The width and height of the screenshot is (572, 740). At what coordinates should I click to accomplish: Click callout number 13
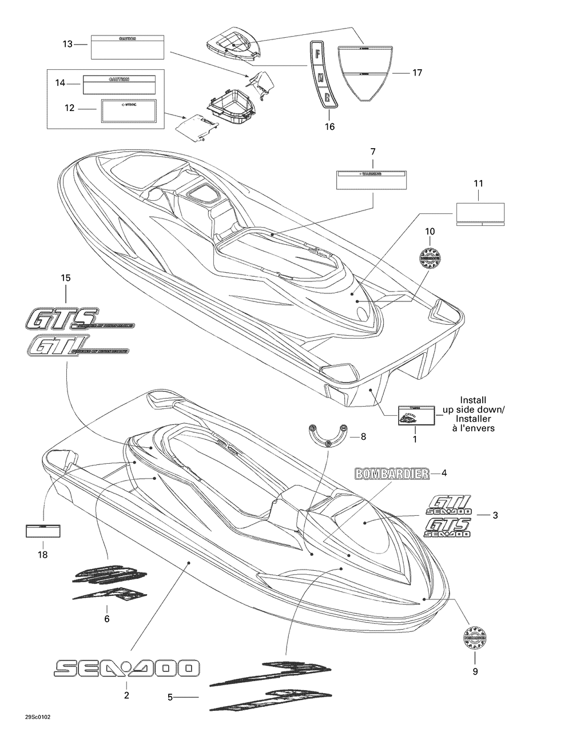point(68,43)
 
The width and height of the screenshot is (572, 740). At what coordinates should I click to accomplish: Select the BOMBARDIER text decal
point(392,474)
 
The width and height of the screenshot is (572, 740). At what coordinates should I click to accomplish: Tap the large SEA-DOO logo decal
point(126,668)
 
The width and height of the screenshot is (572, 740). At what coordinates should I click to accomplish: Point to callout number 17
point(417,73)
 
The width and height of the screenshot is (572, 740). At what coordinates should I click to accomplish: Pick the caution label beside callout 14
point(119,84)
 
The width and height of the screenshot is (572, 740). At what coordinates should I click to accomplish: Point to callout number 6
point(107,618)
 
